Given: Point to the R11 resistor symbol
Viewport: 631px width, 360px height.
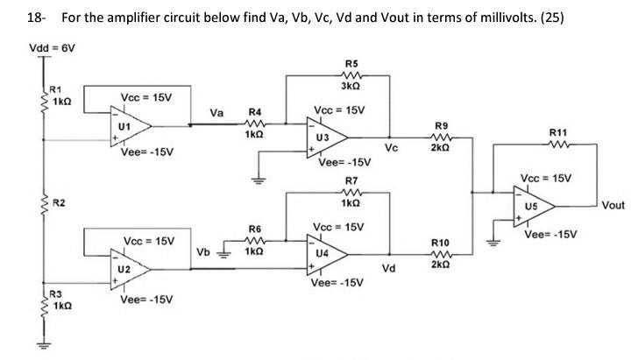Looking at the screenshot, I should pyautogui.click(x=558, y=145).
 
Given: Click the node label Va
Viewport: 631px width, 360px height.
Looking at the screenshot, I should pyautogui.click(x=216, y=112).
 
